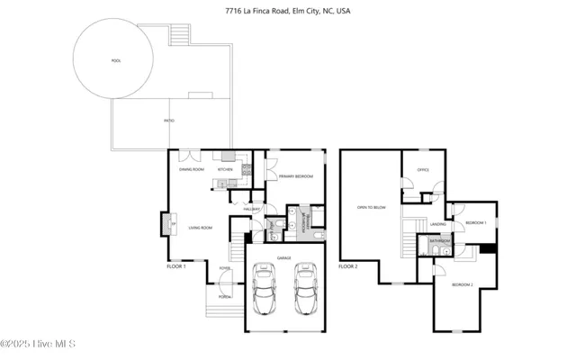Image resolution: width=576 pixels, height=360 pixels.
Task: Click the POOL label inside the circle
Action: pyautogui.click(x=115, y=60)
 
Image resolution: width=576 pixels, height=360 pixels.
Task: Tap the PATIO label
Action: pyautogui.click(x=169, y=121)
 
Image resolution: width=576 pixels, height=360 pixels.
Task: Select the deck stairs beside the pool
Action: pyautogui.click(x=178, y=35)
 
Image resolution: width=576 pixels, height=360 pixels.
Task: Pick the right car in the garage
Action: pyautogui.click(x=306, y=290)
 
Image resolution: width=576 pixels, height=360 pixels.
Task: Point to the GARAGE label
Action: pyautogui.click(x=283, y=257)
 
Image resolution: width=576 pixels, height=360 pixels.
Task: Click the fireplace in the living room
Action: pyautogui.click(x=167, y=223)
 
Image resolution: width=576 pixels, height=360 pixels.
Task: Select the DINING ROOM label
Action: pyautogui.click(x=192, y=169)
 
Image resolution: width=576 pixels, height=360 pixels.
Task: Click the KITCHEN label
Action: pyautogui.click(x=225, y=169)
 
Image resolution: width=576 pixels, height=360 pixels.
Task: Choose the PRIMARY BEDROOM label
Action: pyautogui.click(x=295, y=176)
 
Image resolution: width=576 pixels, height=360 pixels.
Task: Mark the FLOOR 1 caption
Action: pyautogui.click(x=176, y=266)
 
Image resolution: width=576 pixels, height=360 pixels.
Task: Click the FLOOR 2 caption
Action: pyautogui.click(x=348, y=266)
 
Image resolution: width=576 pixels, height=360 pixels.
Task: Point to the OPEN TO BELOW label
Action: pyautogui.click(x=371, y=207)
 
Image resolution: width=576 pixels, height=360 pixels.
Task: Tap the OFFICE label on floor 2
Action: pyautogui.click(x=422, y=169)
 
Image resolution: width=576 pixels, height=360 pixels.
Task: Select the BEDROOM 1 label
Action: pyautogui.click(x=475, y=222)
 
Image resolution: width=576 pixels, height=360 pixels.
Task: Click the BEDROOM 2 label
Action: pyautogui.click(x=462, y=283)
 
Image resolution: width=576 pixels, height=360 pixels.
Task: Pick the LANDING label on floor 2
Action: pyautogui.click(x=438, y=224)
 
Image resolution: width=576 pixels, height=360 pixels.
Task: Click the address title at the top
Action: pyautogui.click(x=287, y=12)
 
